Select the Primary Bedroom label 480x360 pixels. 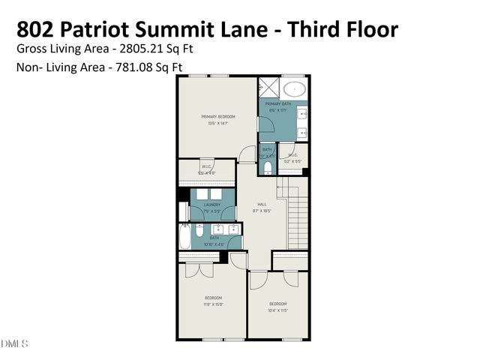click(217, 116)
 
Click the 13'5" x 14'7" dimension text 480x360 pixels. click(217, 123)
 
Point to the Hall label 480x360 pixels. click(262, 204)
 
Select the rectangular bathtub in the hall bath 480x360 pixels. click(184, 240)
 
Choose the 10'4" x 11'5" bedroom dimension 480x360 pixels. click(278, 310)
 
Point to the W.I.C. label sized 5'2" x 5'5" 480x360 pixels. click(292, 157)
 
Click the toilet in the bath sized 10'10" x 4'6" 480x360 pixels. click(184, 226)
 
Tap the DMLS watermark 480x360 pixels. click(14, 343)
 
